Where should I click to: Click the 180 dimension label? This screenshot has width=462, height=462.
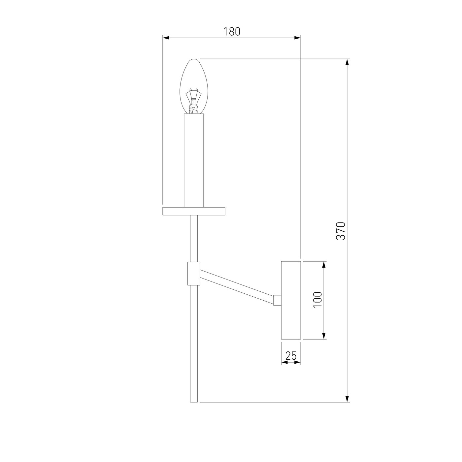pyautogui.click(x=232, y=32)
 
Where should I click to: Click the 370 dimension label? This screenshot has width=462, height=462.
pyautogui.click(x=341, y=231)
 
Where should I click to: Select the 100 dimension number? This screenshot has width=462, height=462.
pyautogui.click(x=318, y=300)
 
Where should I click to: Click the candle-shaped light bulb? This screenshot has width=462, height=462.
pyautogui.click(x=194, y=86)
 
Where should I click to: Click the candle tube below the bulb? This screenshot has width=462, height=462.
pyautogui.click(x=194, y=160)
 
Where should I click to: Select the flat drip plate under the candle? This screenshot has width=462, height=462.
pyautogui.click(x=194, y=211)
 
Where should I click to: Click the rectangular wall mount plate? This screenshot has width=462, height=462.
pyautogui.click(x=291, y=300)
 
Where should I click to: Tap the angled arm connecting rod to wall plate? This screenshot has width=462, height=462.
pyautogui.click(x=237, y=287)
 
